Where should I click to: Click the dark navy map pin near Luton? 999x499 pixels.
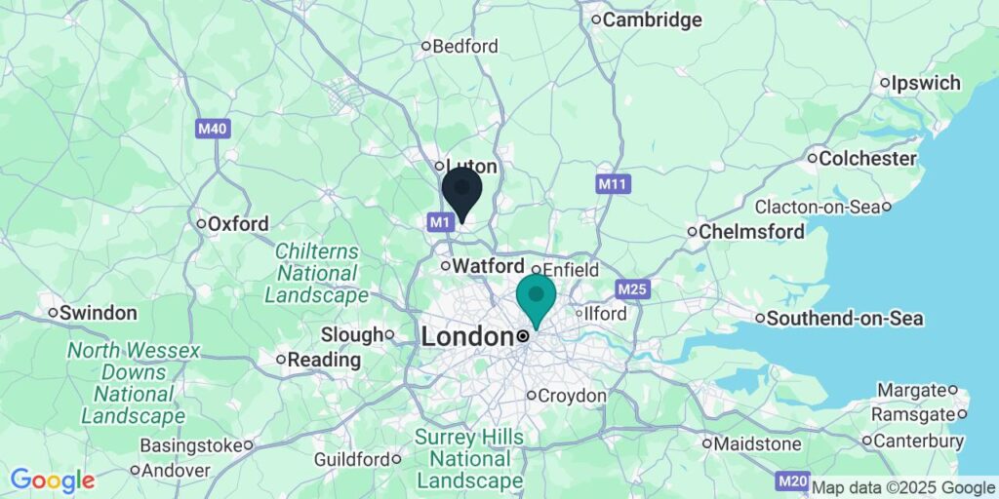click(461, 191)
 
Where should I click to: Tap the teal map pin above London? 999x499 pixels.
click(536, 298)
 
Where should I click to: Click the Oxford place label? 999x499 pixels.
click(238, 224)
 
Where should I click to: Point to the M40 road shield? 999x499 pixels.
click(212, 129)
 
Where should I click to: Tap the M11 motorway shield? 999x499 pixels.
click(612, 183)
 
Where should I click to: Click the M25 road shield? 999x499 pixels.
click(631, 289)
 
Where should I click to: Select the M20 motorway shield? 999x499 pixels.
click(791, 481)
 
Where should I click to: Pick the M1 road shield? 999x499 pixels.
click(440, 223)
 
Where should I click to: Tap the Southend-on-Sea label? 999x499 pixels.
click(845, 319)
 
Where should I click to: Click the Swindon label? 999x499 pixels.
click(98, 314)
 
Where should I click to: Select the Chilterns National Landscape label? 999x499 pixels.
click(316, 273)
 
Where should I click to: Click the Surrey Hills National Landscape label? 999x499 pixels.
click(469, 459)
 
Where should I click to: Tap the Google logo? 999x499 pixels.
click(53, 480)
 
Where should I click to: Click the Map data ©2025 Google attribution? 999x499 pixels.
click(903, 487)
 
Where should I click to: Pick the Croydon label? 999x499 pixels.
click(573, 396)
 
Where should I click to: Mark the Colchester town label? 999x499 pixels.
click(867, 158)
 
